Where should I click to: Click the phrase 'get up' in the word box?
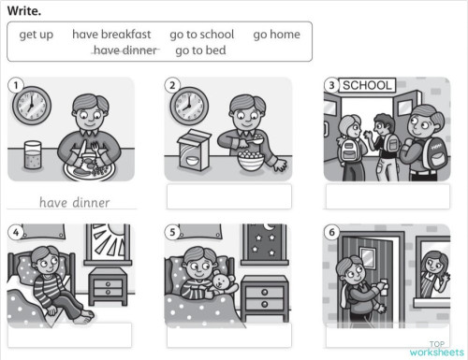pos(37,35)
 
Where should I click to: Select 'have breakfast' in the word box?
pos(111,35)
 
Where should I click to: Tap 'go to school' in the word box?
pos(202,35)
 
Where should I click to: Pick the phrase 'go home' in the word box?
pos(277,35)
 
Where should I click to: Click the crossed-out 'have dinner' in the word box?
pos(125,50)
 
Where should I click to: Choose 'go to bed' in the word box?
pos(200,50)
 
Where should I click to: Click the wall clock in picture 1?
pos(31,104)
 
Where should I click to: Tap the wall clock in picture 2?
pos(189,104)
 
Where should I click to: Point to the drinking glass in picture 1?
pos(34,155)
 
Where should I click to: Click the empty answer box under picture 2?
pos(228,196)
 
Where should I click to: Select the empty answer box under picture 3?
pos(388,196)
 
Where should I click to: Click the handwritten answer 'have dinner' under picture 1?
pos(74,202)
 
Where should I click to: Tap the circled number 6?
pos(332,232)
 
